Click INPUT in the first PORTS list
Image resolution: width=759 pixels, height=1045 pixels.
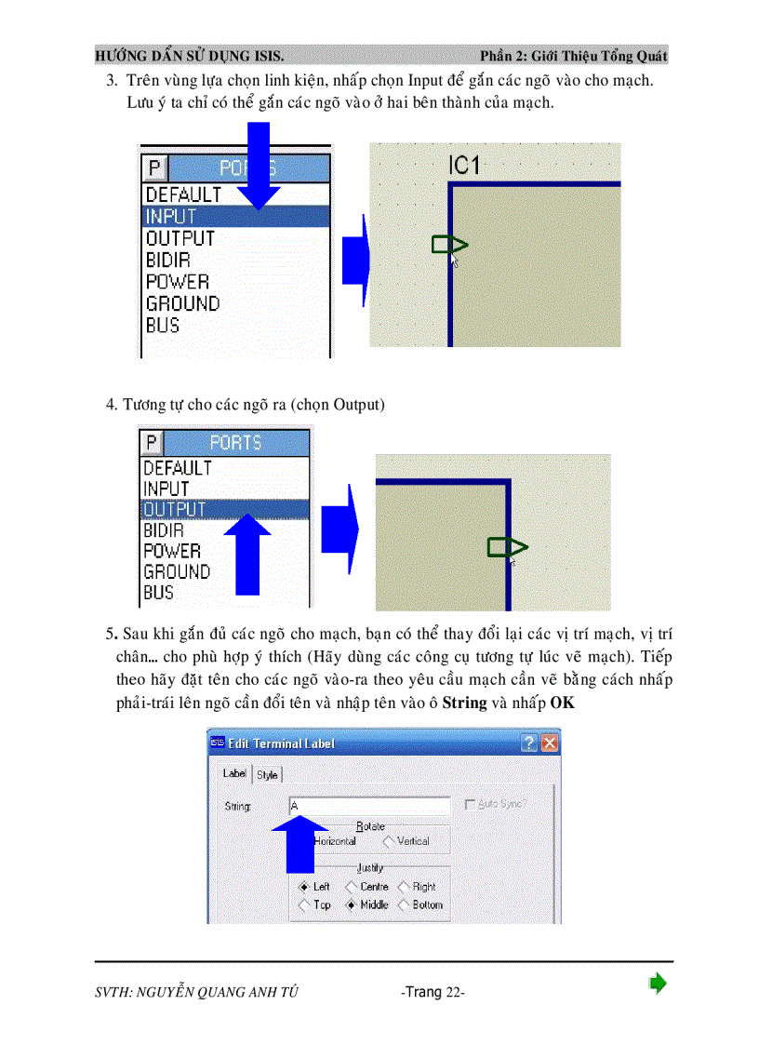tap(172, 217)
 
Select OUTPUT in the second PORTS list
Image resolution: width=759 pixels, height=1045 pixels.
tap(175, 509)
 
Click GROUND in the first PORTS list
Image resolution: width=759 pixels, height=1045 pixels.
tap(182, 303)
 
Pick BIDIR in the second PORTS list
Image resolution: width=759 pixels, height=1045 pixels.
tap(164, 530)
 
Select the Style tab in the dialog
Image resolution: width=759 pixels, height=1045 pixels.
tap(267, 774)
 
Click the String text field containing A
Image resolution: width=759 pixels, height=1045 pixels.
tap(369, 806)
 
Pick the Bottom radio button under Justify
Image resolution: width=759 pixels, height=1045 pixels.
tap(404, 904)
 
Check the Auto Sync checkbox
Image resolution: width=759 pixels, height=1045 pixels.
tap(470, 804)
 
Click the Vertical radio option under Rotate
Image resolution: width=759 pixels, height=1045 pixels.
tap(388, 841)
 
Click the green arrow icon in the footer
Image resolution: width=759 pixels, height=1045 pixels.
tap(658, 984)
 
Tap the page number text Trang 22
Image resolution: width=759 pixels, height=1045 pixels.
tap(433, 992)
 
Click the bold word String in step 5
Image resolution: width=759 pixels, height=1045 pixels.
tap(464, 703)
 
